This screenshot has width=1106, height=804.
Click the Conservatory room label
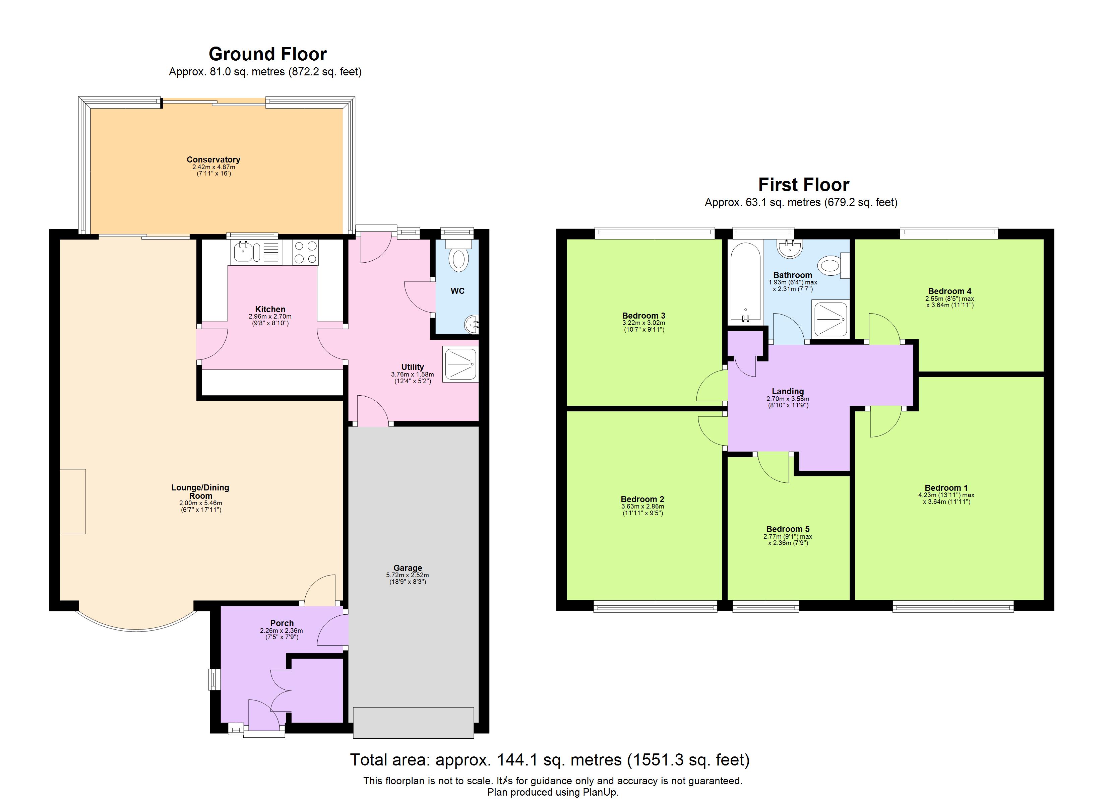tap(213, 160)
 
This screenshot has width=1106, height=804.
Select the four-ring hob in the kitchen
tap(305, 253)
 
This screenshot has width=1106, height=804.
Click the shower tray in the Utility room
tap(460, 364)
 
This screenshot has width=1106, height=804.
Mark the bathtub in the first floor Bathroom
tap(745, 282)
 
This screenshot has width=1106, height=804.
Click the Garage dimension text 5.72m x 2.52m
tap(407, 575)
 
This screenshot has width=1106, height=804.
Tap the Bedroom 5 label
tap(788, 529)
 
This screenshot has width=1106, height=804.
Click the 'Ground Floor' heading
tap(268, 54)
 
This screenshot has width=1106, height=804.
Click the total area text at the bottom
tap(550, 760)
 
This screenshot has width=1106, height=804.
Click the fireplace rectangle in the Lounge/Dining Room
tap(73, 501)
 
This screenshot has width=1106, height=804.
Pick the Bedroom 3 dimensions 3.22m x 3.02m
tap(643, 323)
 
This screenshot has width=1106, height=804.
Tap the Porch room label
tap(282, 623)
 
